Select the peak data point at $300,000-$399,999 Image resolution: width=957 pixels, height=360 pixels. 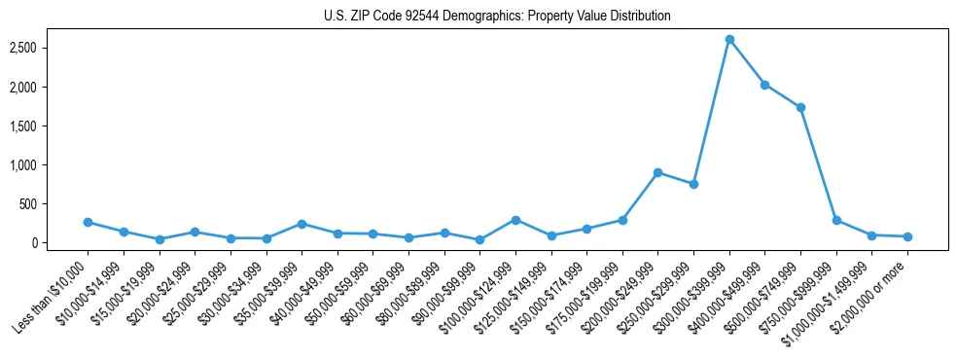tap(729, 40)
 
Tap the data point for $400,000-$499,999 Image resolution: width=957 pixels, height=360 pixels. tap(764, 85)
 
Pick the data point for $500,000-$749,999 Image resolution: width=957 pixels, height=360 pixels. tap(800, 108)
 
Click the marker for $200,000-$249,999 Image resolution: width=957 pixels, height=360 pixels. tap(657, 172)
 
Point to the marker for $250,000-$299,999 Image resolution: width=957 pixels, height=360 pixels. tap(693, 184)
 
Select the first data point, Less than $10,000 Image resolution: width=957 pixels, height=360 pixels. tap(88, 222)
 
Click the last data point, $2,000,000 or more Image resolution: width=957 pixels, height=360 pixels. tap(907, 236)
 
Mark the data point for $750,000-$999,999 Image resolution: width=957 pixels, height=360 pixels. tap(836, 220)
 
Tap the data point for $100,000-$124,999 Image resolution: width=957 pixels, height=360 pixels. tap(515, 220)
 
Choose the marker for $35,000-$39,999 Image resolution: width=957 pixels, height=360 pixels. tap(301, 224)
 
